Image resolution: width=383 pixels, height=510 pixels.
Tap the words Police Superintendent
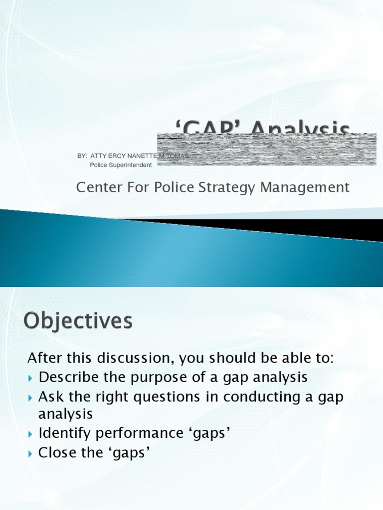pyautogui.click(x=121, y=165)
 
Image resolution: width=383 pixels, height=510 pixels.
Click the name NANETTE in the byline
pyautogui.click(x=145, y=156)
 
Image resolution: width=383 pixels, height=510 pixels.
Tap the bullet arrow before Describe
pyautogui.click(x=31, y=378)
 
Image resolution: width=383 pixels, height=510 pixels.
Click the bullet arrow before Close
pyautogui.click(x=31, y=453)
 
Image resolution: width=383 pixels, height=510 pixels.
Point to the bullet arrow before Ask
pyautogui.click(x=31, y=397)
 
